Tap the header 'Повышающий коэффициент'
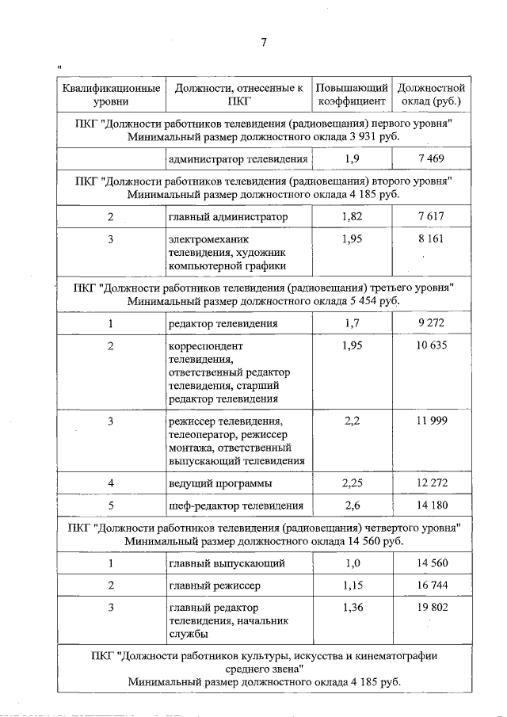tap(352, 94)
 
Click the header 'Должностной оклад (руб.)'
tap(431, 94)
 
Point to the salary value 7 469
tap(431, 159)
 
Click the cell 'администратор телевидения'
tap(237, 159)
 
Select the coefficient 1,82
tap(352, 216)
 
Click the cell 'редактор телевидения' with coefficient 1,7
tap(222, 323)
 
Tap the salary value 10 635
tap(431, 345)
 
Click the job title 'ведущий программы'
tap(220, 482)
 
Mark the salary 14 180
tap(431, 505)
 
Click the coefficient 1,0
tap(352, 563)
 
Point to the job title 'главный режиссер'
tap(214, 585)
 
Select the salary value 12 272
tap(431, 482)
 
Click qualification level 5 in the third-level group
tap(111, 505)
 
